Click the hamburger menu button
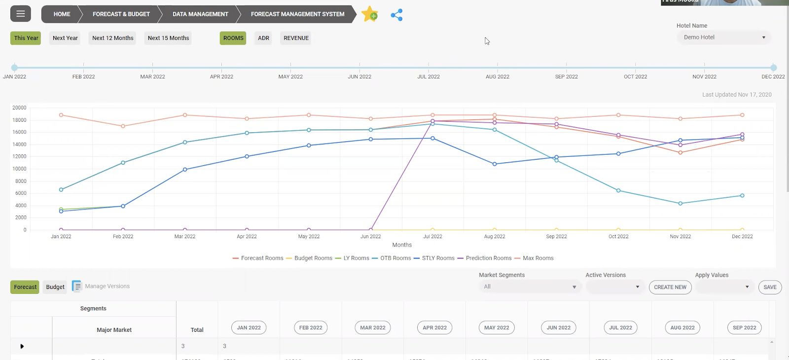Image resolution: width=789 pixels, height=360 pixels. [21, 14]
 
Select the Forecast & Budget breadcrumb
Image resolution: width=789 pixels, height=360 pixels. [121, 14]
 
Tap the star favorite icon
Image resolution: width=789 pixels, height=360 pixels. [369, 14]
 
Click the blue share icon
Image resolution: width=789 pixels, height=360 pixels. [396, 15]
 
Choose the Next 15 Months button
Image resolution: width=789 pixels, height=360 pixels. [168, 38]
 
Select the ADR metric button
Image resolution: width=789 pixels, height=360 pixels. [263, 38]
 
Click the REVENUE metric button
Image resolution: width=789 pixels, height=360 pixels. [296, 38]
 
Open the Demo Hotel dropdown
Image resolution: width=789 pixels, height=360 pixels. [724, 37]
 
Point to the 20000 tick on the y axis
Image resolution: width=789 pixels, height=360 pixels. [20, 108]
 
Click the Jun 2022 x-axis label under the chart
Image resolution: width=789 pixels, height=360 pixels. [371, 237]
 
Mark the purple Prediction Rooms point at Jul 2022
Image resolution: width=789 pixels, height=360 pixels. [433, 121]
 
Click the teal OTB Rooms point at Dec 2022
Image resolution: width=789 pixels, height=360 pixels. [742, 196]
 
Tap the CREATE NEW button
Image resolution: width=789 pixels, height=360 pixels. [670, 287]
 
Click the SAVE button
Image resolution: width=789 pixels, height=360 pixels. [770, 287]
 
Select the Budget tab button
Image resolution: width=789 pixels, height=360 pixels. [55, 287]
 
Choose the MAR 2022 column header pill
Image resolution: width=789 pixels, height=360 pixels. [373, 327]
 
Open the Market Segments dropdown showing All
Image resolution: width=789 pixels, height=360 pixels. [530, 287]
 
